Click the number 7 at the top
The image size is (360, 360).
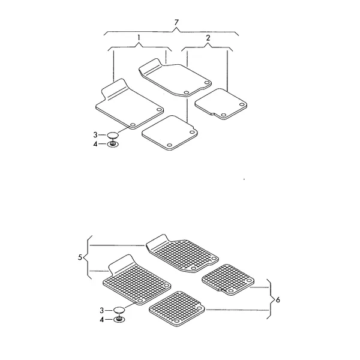(176, 23)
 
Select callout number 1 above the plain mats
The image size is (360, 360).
(139, 37)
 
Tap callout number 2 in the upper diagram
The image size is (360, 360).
(208, 38)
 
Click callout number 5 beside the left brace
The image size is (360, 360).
(80, 257)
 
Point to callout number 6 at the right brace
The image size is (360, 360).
(278, 299)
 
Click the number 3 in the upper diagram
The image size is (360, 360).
(95, 135)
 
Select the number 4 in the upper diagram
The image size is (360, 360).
(95, 144)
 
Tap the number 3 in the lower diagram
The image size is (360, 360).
(102, 310)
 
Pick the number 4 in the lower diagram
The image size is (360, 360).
(102, 320)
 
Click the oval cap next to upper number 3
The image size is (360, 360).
(113, 135)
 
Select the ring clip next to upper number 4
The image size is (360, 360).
(113, 145)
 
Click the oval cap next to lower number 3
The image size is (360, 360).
(119, 310)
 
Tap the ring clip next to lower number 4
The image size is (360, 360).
(119, 320)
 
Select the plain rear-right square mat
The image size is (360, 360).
(221, 104)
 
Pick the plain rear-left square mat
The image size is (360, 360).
(170, 133)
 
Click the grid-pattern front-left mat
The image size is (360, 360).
(137, 280)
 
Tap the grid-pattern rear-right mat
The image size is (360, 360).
(228, 280)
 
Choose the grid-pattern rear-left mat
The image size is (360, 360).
(177, 309)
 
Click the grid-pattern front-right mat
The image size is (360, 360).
(182, 253)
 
